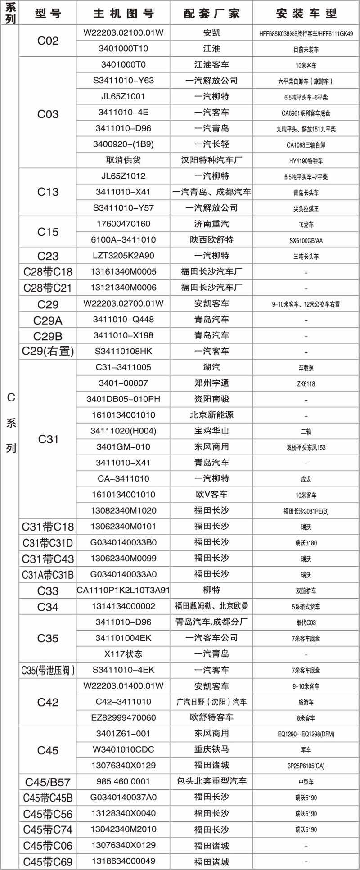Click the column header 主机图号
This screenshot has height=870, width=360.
pyautogui.click(x=123, y=14)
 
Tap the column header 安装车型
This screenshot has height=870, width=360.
pyautogui.click(x=306, y=14)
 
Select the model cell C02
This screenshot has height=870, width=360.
pyautogui.click(x=48, y=41)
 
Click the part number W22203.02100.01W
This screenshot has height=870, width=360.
pyautogui.click(x=123, y=33)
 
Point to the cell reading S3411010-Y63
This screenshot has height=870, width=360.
pyautogui.click(x=123, y=81)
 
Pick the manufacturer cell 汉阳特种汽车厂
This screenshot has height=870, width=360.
pyautogui.click(x=211, y=160)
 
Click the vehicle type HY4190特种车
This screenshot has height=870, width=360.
pyautogui.click(x=306, y=161)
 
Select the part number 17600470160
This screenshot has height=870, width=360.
pyautogui.click(x=123, y=224)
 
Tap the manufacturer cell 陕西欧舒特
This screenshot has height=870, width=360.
pyautogui.click(x=211, y=240)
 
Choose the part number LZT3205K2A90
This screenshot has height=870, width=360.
pyautogui.click(x=123, y=256)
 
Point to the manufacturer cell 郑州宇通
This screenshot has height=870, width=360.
pyautogui.click(x=211, y=383)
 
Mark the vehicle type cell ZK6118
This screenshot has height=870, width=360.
pyautogui.click(x=306, y=384)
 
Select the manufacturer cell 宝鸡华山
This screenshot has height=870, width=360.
pyautogui.click(x=211, y=431)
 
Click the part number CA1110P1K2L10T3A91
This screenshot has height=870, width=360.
pyautogui.click(x=123, y=590)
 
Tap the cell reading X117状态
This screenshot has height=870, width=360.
pyautogui.click(x=123, y=654)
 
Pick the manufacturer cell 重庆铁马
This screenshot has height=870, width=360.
pyautogui.click(x=211, y=749)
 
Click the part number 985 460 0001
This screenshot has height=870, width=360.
pyautogui.click(x=123, y=781)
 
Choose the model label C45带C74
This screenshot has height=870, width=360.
pyautogui.click(x=48, y=829)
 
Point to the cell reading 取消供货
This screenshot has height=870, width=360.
pyautogui.click(x=123, y=160)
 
